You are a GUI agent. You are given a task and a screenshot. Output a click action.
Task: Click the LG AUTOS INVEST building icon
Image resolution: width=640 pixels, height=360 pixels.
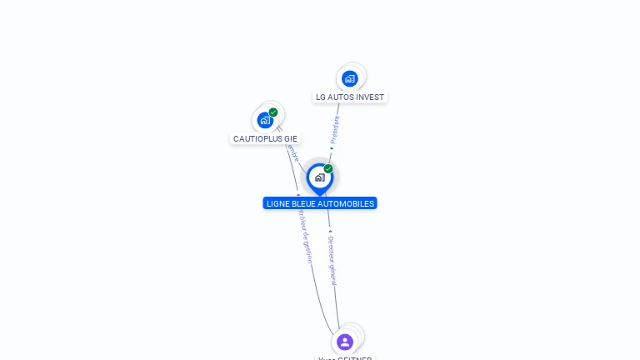(350, 78)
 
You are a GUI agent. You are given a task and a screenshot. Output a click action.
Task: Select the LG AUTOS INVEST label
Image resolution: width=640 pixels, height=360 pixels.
(350, 97)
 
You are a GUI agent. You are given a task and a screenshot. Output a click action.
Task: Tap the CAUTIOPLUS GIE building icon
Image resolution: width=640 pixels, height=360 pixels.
(265, 120)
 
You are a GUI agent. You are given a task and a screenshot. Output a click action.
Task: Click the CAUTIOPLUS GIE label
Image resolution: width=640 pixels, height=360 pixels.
(265, 138)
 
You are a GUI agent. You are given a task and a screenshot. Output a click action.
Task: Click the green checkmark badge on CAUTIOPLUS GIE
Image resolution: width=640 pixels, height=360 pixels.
(273, 112)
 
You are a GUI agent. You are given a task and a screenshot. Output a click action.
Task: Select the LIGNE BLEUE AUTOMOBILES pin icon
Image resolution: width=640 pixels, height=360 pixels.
(319, 177)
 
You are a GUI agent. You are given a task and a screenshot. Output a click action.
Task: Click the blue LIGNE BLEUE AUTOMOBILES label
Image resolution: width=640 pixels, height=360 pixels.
(320, 203)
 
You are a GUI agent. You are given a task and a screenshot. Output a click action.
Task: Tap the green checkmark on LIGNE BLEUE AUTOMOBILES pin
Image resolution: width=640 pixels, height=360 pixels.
(328, 169)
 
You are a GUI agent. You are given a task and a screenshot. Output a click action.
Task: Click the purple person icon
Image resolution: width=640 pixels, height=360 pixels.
(345, 342)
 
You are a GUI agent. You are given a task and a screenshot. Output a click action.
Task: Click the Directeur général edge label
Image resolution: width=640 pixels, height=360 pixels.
(332, 260)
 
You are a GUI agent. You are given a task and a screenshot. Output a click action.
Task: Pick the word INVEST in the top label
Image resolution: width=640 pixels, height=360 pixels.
(371, 97)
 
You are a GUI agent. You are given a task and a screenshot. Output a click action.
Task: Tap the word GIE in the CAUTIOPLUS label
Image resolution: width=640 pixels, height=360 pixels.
(290, 138)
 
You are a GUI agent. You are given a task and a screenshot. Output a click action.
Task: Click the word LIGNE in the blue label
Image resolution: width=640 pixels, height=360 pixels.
(277, 203)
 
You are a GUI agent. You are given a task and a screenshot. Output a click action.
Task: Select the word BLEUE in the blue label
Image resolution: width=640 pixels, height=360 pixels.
(302, 203)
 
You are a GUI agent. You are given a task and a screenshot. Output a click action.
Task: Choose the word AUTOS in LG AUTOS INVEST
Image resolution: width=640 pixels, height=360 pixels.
(342, 97)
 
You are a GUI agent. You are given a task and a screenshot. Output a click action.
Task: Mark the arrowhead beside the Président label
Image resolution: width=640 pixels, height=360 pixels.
(332, 149)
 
